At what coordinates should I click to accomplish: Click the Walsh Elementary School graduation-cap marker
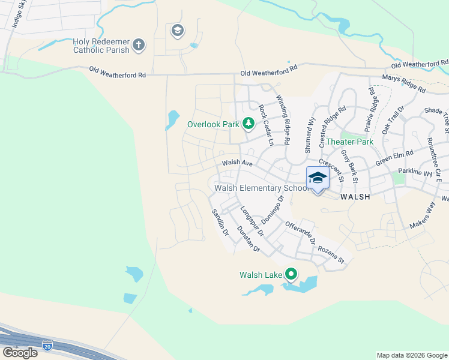tap(318, 178)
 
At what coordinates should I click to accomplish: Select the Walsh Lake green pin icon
tap(291, 274)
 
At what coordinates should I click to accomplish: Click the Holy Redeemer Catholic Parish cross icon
tap(139, 45)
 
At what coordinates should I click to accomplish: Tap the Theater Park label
tap(350, 142)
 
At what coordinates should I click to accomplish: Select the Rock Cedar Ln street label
tap(266, 125)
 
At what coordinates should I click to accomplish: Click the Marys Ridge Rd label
tap(404, 84)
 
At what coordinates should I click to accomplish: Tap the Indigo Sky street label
tap(19, 13)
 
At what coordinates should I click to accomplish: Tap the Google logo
tap(19, 353)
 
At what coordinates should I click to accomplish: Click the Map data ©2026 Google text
tap(411, 355)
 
